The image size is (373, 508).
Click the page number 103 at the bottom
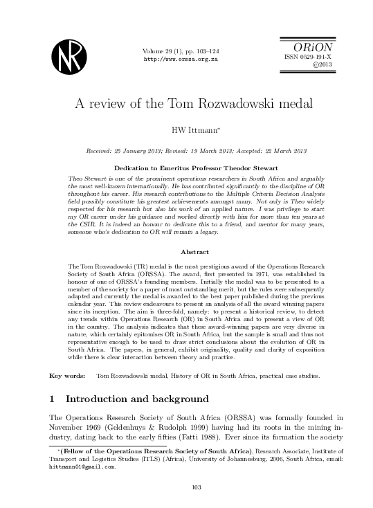[x=185, y=487]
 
